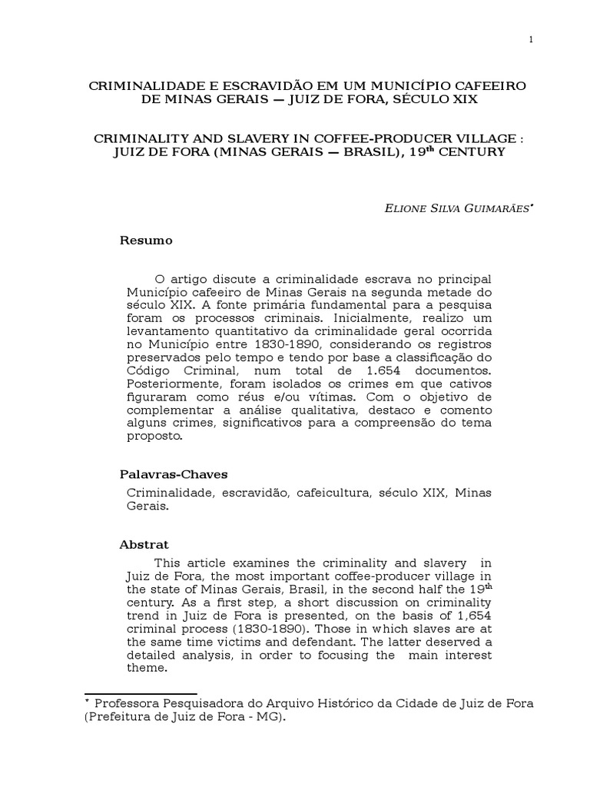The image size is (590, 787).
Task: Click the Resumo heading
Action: point(146,241)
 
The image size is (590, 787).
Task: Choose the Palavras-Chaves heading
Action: point(173,473)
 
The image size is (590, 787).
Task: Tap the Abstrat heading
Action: point(144,544)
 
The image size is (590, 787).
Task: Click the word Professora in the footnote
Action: point(128,704)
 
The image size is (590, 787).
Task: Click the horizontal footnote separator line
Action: point(141,693)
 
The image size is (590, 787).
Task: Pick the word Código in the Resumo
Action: point(149,370)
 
